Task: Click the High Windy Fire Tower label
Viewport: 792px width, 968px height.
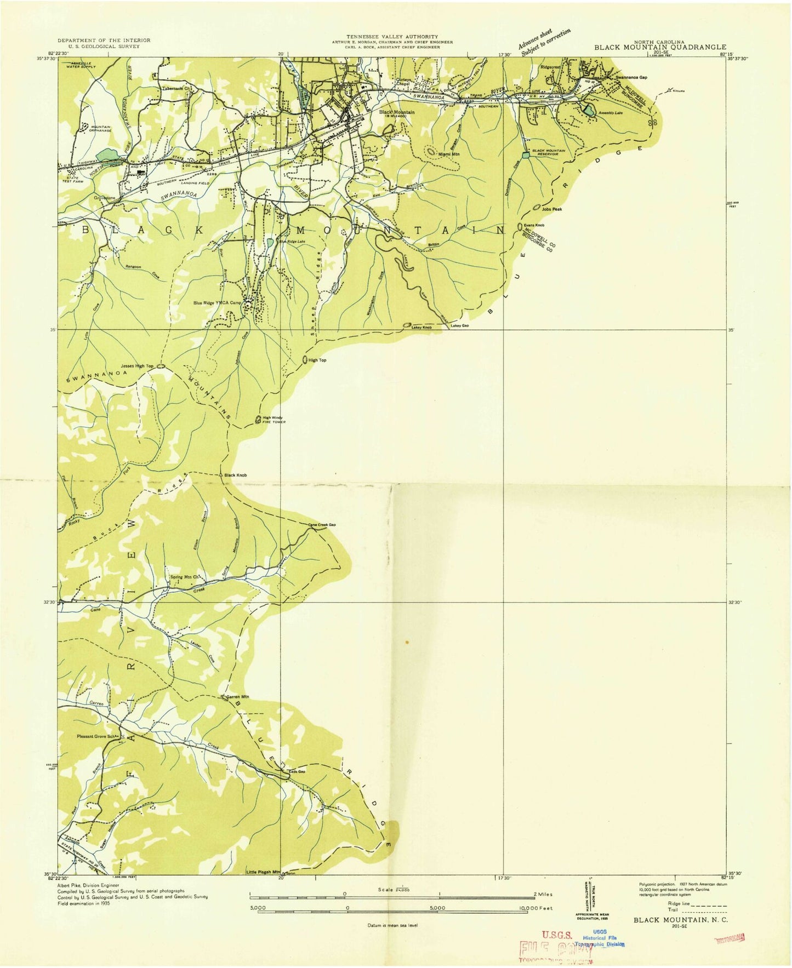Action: tap(274, 420)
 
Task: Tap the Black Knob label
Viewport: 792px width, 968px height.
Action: tap(235, 475)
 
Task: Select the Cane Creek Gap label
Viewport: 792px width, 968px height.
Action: tap(322, 525)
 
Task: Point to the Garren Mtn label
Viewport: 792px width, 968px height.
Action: tap(237, 697)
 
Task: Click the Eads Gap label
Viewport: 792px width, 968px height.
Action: tap(297, 772)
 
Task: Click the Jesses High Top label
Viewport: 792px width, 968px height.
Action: tap(137, 366)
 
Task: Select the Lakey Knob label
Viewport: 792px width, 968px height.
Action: tap(421, 327)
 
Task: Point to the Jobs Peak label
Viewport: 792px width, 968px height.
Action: tap(552, 209)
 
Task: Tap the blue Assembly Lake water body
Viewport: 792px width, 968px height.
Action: tap(589, 110)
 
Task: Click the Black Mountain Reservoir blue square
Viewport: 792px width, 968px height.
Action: tap(526, 156)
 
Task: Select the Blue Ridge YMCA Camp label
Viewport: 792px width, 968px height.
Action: tap(217, 302)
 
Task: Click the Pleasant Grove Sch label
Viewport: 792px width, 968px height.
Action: tap(98, 736)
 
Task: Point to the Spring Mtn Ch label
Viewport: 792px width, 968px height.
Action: tap(184, 577)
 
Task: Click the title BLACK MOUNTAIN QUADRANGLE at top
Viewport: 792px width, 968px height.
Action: tap(660, 48)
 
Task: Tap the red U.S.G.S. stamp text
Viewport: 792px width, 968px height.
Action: tap(559, 935)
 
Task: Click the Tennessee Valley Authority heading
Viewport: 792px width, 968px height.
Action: tap(392, 37)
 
